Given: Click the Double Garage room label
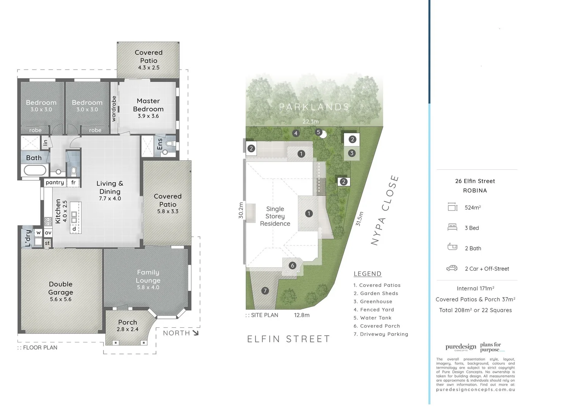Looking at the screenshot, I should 60,288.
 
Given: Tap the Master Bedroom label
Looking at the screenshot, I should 148,105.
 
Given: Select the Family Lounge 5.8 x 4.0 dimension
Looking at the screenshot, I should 148,287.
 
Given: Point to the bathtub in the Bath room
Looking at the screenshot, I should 35,170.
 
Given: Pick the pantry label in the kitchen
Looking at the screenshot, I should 55,183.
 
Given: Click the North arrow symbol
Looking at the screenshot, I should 195,333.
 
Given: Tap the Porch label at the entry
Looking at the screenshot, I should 127,322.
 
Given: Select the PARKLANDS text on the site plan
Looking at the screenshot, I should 314,107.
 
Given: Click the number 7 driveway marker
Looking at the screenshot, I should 265,291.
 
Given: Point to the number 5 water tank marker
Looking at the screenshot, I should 319,132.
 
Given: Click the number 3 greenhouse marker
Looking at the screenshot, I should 352,153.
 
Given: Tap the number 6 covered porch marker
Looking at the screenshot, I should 292,265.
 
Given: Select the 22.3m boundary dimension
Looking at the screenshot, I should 310,121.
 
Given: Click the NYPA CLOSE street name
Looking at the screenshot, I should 385,210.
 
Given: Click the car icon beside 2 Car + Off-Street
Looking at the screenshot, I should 452,268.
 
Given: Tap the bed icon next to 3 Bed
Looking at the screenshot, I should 452,228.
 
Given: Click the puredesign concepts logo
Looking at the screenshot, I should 461,347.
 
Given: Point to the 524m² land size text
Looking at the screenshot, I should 473,207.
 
